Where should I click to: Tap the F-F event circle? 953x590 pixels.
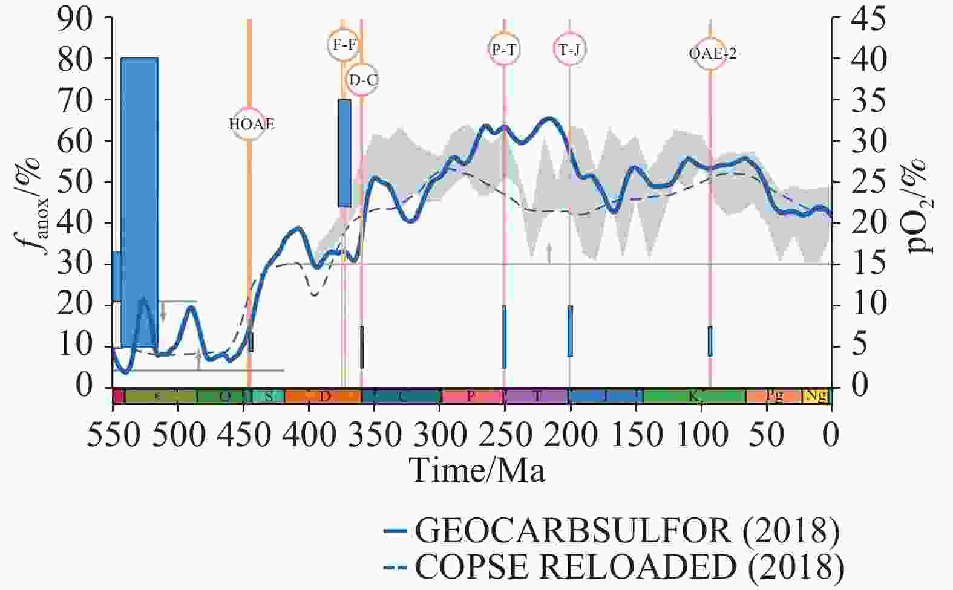[344, 45]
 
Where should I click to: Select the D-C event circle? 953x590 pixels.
[362, 80]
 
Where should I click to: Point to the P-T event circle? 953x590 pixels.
[504, 49]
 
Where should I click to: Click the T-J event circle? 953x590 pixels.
[569, 49]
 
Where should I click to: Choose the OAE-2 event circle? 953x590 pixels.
[711, 53]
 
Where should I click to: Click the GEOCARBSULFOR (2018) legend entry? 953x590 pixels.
[612, 531]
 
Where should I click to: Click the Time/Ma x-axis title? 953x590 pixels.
[477, 469]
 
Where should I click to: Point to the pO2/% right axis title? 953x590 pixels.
[920, 206]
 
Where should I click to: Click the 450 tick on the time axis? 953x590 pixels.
[243, 435]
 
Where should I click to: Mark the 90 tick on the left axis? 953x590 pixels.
[75, 19]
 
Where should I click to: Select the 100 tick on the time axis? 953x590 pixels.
[701, 435]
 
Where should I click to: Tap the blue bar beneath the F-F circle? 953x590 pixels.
[344, 152]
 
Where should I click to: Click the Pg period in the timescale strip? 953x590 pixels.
[774, 397]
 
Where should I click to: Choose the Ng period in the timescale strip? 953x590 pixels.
[816, 397]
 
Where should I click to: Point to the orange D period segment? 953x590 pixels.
[323, 397]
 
